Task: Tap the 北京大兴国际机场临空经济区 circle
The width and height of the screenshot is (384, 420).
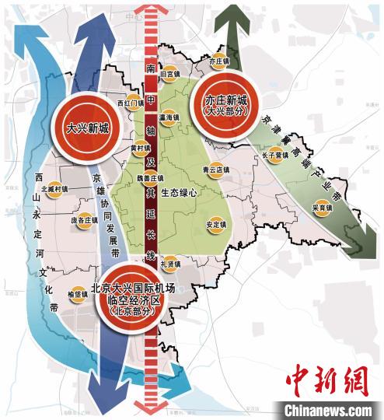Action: (x=129, y=300)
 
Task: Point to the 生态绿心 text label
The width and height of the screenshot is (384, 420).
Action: (x=189, y=191)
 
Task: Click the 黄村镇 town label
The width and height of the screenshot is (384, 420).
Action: (x=141, y=147)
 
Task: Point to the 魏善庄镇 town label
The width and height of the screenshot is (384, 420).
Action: (x=152, y=177)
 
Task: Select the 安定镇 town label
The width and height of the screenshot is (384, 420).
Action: (x=216, y=225)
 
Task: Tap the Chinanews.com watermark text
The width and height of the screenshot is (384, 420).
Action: (x=326, y=409)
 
